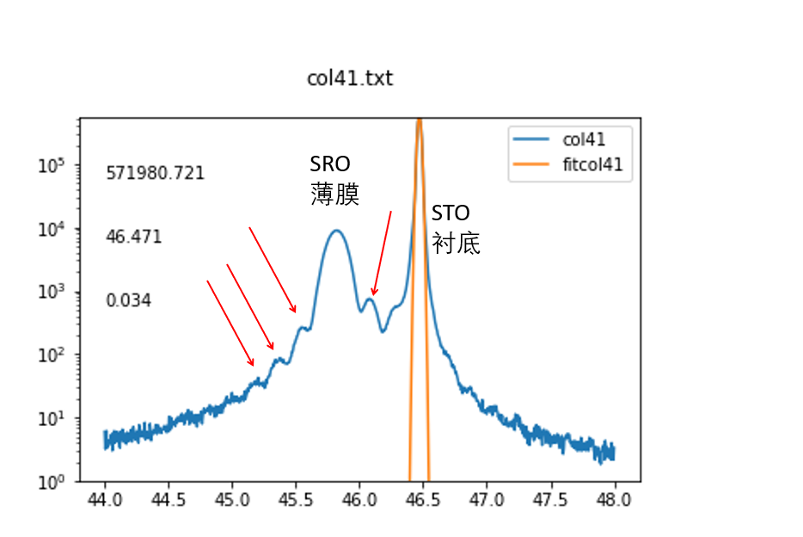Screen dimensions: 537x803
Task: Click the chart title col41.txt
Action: [x=350, y=78]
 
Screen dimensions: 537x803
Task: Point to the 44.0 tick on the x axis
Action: [x=105, y=499]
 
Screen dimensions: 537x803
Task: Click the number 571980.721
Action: [x=156, y=173]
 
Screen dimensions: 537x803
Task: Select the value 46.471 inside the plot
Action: [x=134, y=237]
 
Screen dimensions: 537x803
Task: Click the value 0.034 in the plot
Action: [x=129, y=301]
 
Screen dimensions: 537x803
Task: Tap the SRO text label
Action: [x=331, y=164]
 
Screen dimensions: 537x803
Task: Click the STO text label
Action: [x=451, y=213]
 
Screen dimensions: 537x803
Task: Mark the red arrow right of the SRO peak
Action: [x=382, y=253]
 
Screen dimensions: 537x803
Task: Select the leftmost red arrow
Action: [x=230, y=323]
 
